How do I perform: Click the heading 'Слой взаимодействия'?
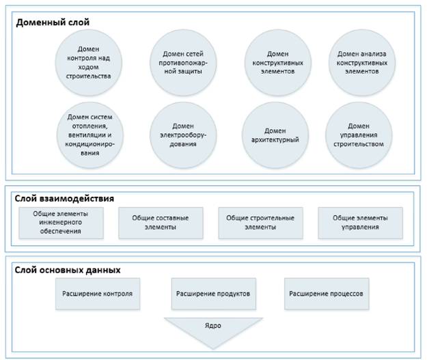(x=64, y=198)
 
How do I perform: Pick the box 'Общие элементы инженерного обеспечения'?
(x=60, y=222)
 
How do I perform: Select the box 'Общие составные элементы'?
(x=162, y=222)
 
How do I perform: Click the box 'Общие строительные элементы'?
(x=260, y=222)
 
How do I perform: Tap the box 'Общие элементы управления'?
(x=360, y=222)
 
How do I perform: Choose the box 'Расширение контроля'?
(x=98, y=294)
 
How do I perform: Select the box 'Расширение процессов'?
(x=326, y=294)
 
